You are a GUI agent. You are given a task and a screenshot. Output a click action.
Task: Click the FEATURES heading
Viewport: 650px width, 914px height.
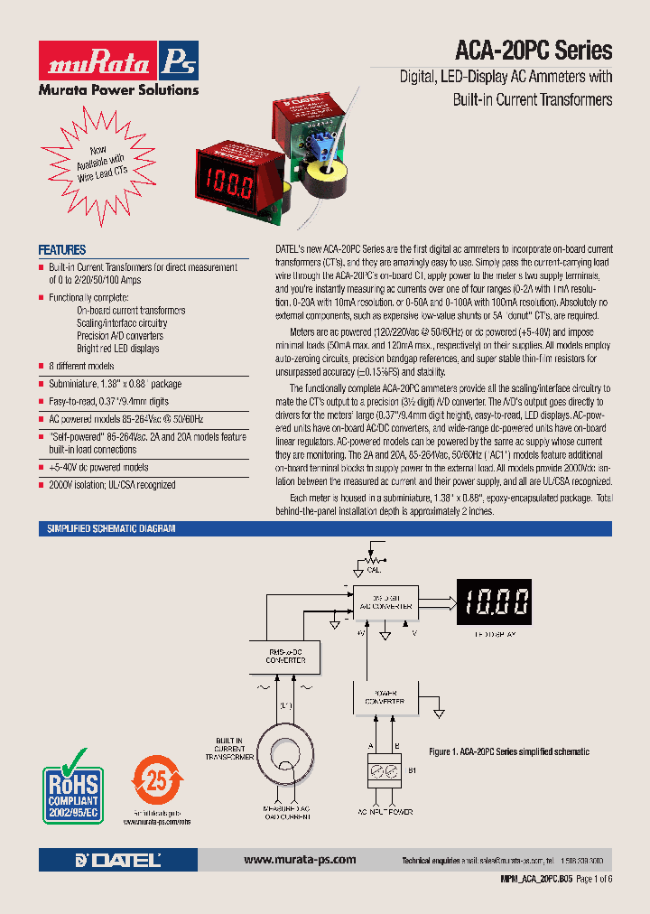coord(62,250)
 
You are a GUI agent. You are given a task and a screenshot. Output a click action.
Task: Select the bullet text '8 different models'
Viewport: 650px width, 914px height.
coord(82,366)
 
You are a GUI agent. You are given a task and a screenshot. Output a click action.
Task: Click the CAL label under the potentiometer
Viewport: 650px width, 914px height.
coord(374,570)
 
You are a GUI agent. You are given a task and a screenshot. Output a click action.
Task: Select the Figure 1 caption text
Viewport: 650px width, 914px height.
coord(508,751)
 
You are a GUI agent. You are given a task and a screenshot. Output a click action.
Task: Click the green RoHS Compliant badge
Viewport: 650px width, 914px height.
coord(72,784)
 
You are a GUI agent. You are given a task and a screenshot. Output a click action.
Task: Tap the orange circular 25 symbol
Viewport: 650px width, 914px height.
coord(158,779)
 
